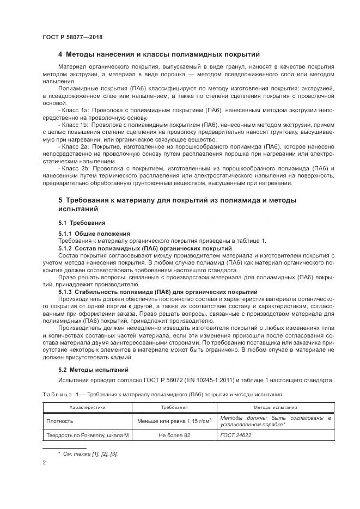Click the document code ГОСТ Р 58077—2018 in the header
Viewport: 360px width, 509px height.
point(72,37)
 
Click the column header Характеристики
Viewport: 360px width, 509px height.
point(87,407)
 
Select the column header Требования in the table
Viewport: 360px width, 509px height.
point(174,407)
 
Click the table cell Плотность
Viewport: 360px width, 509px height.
point(59,421)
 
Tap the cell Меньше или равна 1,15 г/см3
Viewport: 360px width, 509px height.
point(174,421)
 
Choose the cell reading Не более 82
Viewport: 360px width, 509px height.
point(174,435)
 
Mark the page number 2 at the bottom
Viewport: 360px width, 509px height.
point(44,463)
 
